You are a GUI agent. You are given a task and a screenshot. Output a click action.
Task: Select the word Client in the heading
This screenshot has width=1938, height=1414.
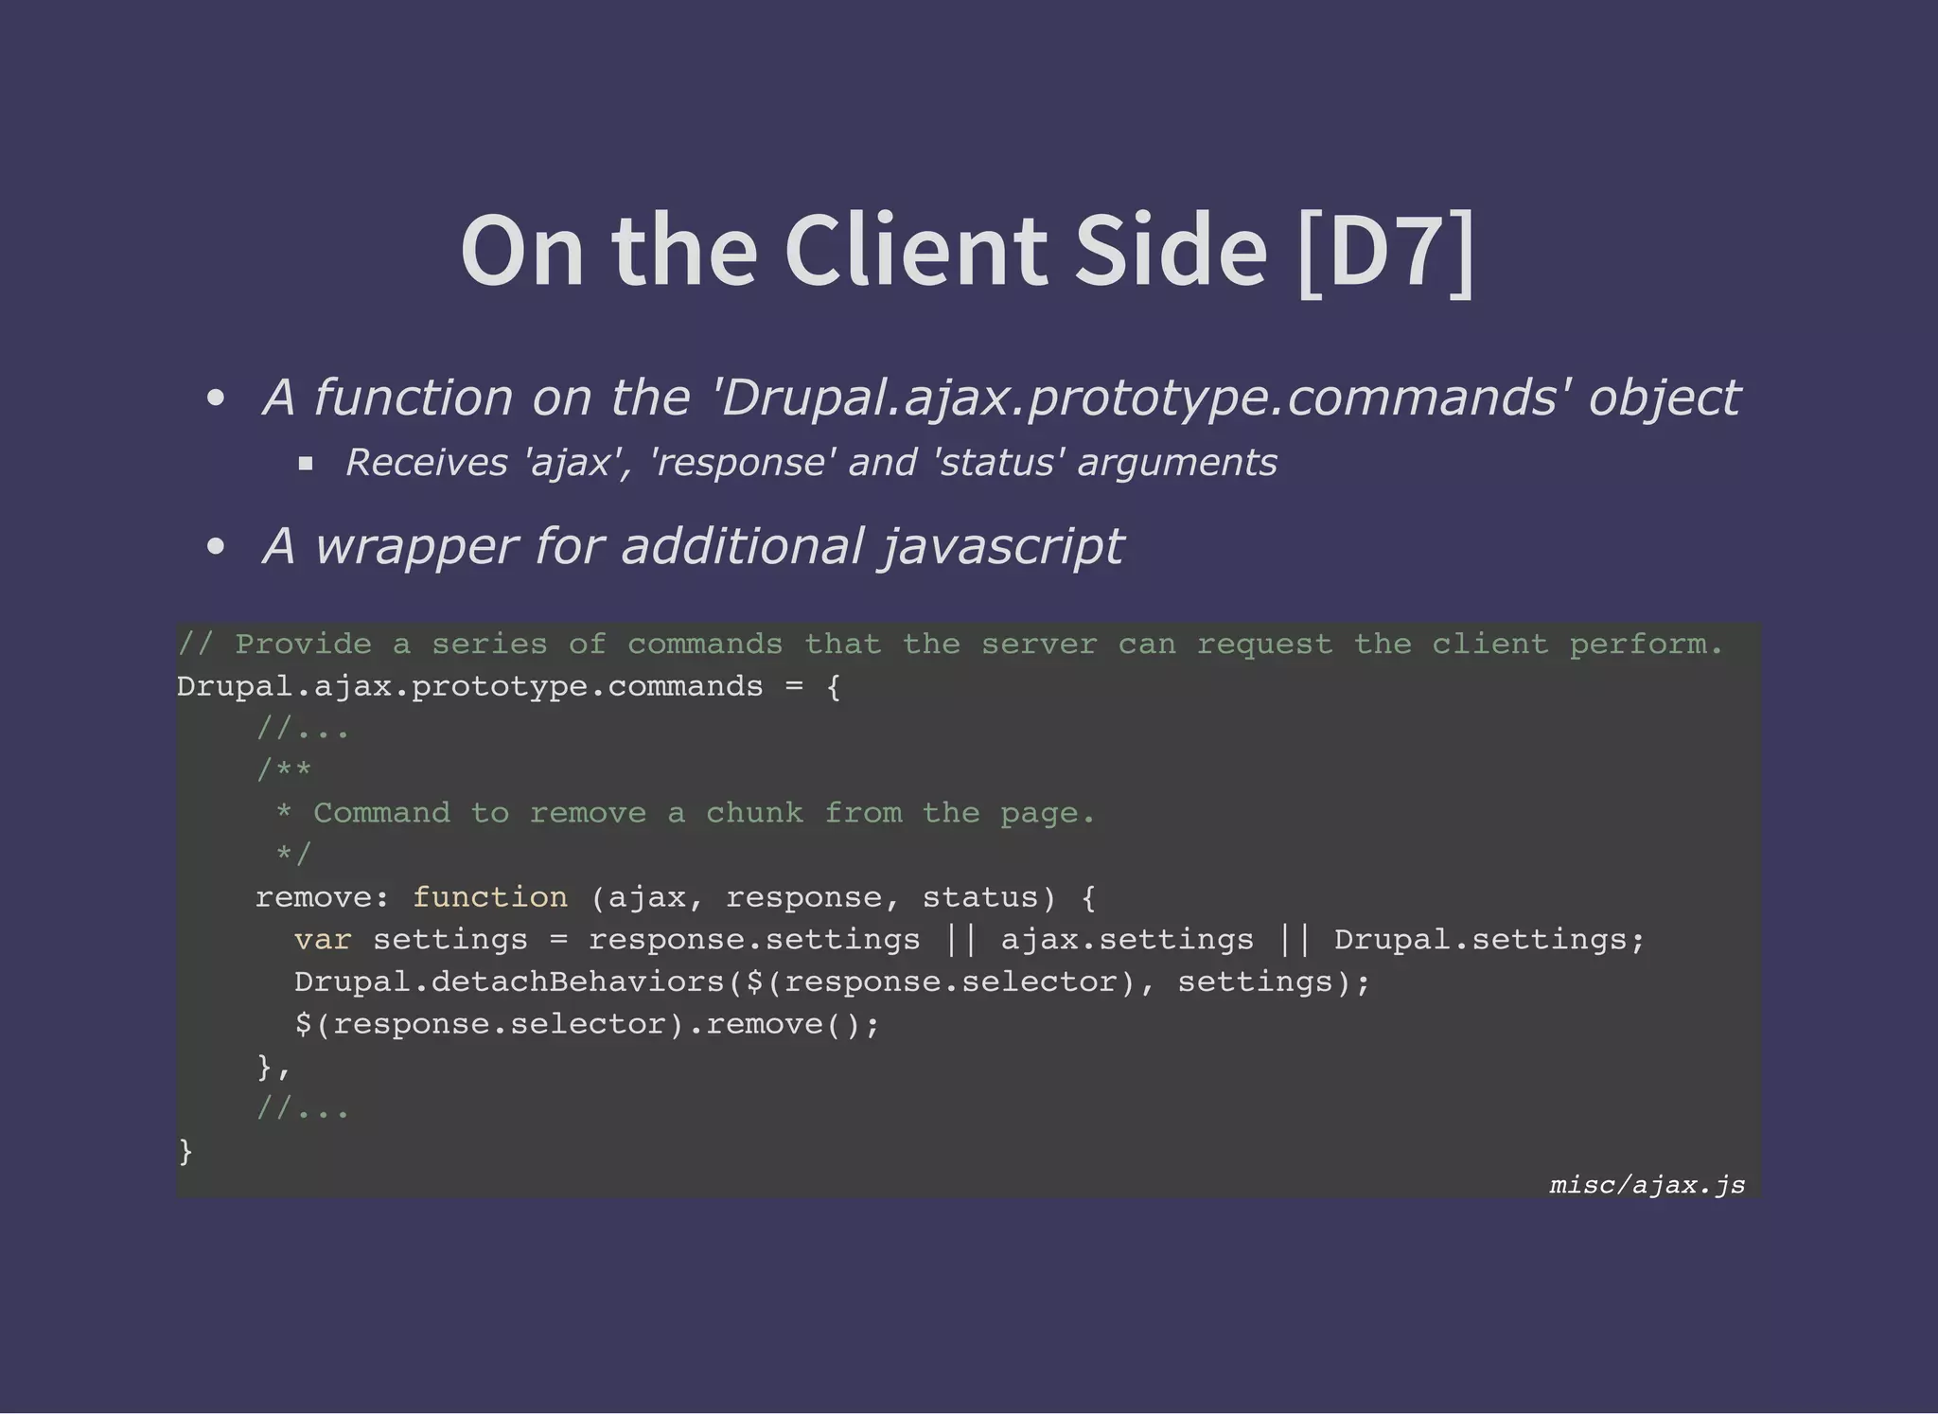(915, 251)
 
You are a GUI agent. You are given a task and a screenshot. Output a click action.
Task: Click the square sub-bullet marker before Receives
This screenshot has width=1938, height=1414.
(306, 464)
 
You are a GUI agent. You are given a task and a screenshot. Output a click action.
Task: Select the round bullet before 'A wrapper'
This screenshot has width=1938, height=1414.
(216, 547)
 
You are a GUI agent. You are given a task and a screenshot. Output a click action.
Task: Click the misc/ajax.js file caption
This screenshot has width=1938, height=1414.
(1647, 1185)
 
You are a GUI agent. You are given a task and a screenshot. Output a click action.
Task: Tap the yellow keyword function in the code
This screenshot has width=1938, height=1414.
(489, 897)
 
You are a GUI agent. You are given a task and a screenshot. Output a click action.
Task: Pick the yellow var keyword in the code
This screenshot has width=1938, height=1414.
(323, 940)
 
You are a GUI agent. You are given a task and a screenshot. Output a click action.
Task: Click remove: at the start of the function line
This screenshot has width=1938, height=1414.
(323, 897)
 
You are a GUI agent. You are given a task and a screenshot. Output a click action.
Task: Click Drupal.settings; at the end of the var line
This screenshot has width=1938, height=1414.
(1489, 940)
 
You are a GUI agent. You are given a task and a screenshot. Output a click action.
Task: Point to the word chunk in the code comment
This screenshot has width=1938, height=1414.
(754, 813)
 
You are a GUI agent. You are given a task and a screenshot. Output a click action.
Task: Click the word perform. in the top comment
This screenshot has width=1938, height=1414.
(1647, 645)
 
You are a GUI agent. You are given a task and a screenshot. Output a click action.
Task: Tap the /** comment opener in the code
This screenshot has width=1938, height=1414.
(284, 770)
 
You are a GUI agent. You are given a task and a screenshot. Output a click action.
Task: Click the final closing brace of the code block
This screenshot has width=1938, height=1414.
(185, 1151)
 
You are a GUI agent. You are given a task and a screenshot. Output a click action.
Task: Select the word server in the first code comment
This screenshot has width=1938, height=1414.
(1039, 645)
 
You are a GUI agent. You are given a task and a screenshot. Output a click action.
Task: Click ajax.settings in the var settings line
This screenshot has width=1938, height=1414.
(1127, 940)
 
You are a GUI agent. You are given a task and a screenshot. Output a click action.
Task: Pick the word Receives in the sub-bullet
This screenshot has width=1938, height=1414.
(427, 463)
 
